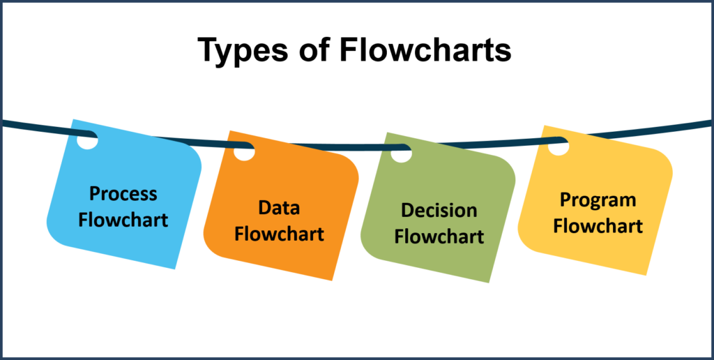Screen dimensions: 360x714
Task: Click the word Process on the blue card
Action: pyautogui.click(x=123, y=194)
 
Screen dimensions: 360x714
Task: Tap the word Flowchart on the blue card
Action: pyautogui.click(x=123, y=220)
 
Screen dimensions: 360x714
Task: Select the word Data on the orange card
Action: pyautogui.click(x=279, y=208)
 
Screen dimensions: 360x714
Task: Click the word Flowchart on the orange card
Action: pyautogui.click(x=279, y=234)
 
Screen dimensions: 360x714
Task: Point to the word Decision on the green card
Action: pyautogui.click(x=439, y=211)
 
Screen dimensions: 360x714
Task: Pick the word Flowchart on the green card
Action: pyautogui.click(x=439, y=237)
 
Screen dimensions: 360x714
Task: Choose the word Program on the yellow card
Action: pyautogui.click(x=598, y=200)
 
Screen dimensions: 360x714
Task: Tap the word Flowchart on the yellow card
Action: pyautogui.click(x=598, y=226)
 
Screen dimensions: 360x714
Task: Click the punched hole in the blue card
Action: pyautogui.click(x=87, y=139)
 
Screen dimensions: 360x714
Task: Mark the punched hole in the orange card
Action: pyautogui.click(x=244, y=151)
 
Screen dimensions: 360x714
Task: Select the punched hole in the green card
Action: pyautogui.click(x=402, y=153)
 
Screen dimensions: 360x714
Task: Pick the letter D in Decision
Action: pyautogui.click(x=407, y=211)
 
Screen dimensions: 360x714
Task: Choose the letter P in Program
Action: pyautogui.click(x=565, y=200)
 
